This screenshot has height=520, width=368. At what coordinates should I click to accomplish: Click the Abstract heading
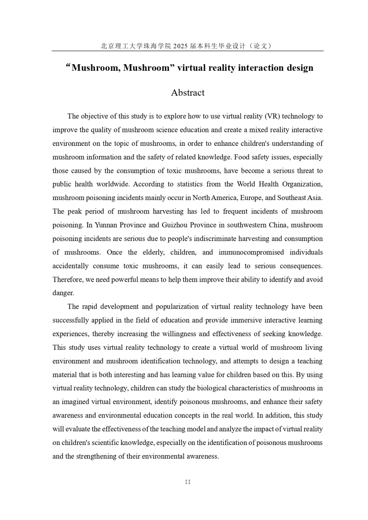[x=187, y=93]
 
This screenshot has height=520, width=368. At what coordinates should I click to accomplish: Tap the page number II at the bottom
[x=187, y=482]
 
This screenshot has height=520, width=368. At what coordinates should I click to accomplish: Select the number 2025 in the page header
[x=180, y=46]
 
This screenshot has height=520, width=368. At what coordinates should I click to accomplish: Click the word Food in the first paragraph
[x=258, y=157]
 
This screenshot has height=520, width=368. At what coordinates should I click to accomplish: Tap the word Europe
[x=251, y=198]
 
